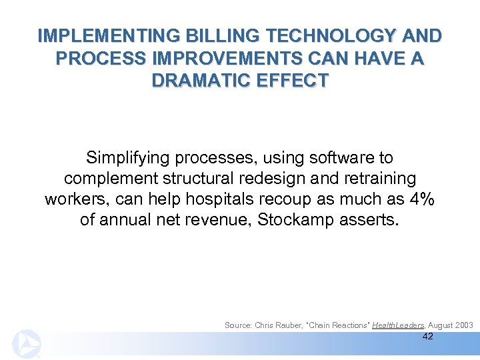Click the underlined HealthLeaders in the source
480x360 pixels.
coord(397,325)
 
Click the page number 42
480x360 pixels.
coord(428,337)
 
